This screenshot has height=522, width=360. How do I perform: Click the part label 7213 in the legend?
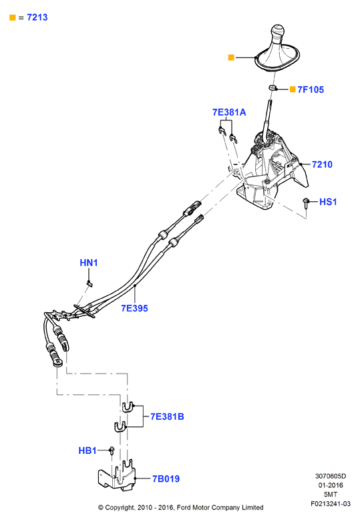point(37,17)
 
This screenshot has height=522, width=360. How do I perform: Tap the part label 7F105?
point(311,90)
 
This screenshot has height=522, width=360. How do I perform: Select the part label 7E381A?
point(229,112)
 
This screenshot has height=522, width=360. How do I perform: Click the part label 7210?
point(322,164)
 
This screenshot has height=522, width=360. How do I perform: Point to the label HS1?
point(328,202)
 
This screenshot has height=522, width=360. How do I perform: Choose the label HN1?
point(89,263)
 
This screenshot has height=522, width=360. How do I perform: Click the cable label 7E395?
point(134,308)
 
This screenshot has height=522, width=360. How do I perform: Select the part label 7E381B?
point(167,416)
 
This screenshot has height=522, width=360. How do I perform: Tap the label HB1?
point(87,450)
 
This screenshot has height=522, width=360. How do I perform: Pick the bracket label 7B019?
point(166,479)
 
